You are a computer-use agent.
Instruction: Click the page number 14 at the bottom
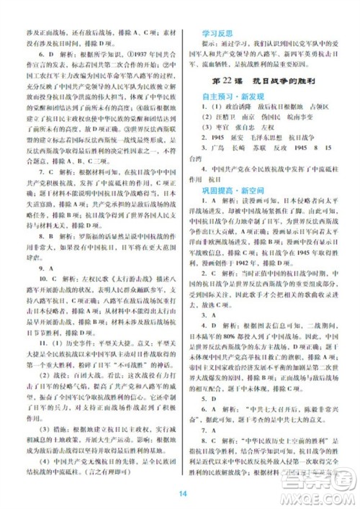[183, 493]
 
